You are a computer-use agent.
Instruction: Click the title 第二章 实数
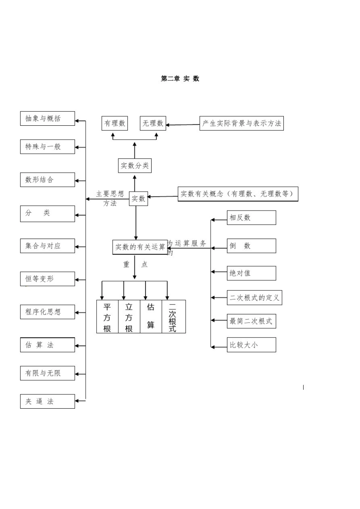pyautogui.click(x=180, y=78)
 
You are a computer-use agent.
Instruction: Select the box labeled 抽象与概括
pyautogui.click(x=47, y=119)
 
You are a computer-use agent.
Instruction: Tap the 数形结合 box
pyautogui.click(x=47, y=180)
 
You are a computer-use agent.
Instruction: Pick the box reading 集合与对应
pyautogui.click(x=47, y=246)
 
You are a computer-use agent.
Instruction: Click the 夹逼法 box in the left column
pyautogui.click(x=47, y=401)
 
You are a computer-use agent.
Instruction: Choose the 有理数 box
pyautogui.click(x=115, y=123)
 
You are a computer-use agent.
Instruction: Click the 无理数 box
pyautogui.click(x=153, y=123)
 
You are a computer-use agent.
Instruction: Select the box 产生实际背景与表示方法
pyautogui.click(x=241, y=123)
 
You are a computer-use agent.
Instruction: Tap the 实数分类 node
pyautogui.click(x=135, y=166)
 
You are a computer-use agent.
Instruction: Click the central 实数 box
pyautogui.click(x=138, y=198)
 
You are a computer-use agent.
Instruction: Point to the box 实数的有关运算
pyautogui.click(x=140, y=247)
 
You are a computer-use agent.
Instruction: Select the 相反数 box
pyautogui.click(x=251, y=218)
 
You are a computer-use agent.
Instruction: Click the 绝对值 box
pyautogui.click(x=251, y=273)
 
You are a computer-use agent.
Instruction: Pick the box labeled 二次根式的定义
pyautogui.click(x=254, y=298)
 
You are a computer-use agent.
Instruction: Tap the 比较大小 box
pyautogui.click(x=251, y=345)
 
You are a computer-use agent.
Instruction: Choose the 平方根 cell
pyautogui.click(x=107, y=317)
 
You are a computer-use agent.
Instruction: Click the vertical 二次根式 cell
pyautogui.click(x=173, y=317)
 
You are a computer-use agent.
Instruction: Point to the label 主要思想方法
pyautogui.click(x=110, y=198)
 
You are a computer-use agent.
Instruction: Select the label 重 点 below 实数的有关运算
pyautogui.click(x=135, y=264)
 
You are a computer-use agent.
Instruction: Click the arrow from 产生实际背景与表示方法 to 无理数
pyautogui.click(x=183, y=125)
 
